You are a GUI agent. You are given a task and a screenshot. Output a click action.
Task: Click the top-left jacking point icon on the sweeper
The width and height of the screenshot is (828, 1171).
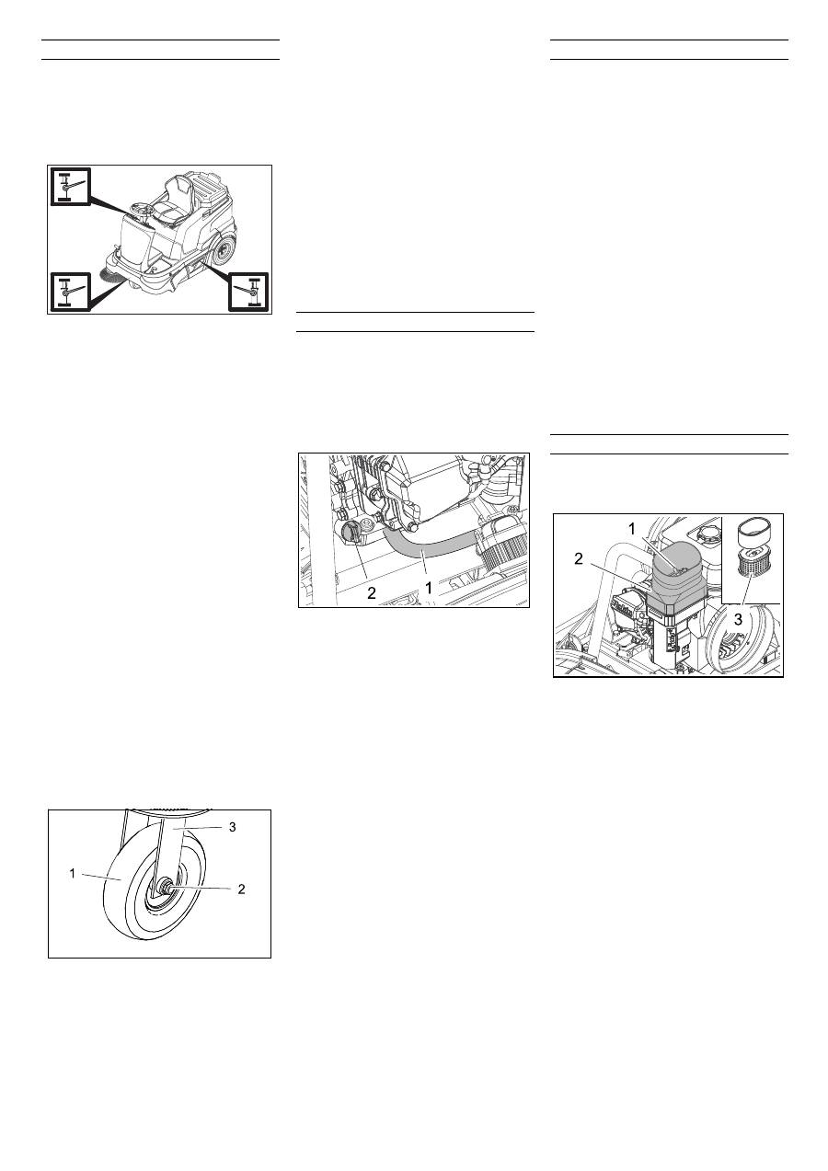[x=71, y=187]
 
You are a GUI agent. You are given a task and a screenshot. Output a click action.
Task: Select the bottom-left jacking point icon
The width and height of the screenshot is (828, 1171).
[x=71, y=292]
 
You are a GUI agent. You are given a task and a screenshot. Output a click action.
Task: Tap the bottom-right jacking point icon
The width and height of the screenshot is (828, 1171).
[x=248, y=292]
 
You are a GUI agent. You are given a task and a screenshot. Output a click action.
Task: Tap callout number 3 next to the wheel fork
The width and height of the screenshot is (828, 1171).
[x=233, y=826]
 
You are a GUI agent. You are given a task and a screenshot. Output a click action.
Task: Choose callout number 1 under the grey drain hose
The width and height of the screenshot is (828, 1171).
[x=429, y=588]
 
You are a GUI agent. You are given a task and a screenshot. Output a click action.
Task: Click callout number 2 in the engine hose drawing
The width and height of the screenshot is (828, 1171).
[x=372, y=593]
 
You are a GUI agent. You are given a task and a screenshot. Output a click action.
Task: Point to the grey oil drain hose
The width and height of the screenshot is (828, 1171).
[x=429, y=544]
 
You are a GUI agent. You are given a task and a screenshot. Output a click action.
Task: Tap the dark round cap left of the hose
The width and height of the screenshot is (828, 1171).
[x=350, y=534]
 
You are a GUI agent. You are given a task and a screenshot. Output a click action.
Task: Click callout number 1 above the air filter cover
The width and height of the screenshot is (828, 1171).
[x=632, y=529]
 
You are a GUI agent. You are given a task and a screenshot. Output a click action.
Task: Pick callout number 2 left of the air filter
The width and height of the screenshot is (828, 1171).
[x=578, y=559]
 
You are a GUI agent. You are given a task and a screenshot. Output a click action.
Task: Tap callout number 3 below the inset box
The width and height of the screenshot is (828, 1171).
[x=738, y=619]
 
